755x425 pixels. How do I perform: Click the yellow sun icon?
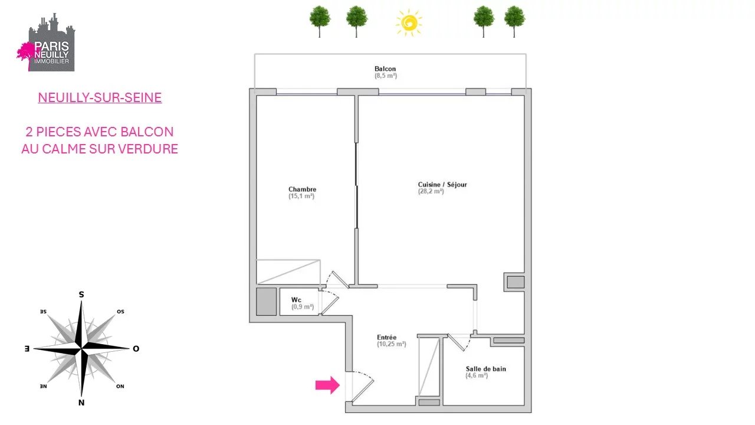point(409,22)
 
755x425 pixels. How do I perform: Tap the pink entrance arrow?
point(327,385)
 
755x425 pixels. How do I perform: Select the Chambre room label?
point(303,189)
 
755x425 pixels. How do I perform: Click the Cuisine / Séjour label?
point(442,185)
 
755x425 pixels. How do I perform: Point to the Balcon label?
point(385,68)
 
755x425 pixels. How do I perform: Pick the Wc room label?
point(296,300)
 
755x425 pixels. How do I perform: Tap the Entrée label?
point(386,337)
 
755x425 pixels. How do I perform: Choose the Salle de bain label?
point(485,369)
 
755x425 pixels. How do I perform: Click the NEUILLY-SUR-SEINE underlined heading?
point(100,97)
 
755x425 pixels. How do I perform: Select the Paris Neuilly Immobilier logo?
point(46,42)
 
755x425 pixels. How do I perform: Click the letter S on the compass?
point(81,295)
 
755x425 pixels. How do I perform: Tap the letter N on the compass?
point(81,403)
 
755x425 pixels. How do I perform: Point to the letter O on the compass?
point(136,349)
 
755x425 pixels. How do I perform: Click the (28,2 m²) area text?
point(431,191)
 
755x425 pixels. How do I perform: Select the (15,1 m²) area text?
point(301,196)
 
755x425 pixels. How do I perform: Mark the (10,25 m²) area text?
point(391,344)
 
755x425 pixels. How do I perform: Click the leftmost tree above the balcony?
point(320,21)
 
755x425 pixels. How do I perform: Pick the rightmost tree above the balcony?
point(514,21)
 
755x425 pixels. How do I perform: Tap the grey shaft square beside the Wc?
point(266,302)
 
